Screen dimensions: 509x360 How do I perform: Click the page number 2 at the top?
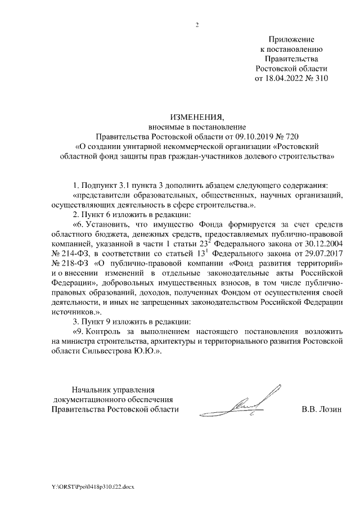(x=197, y=24)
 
